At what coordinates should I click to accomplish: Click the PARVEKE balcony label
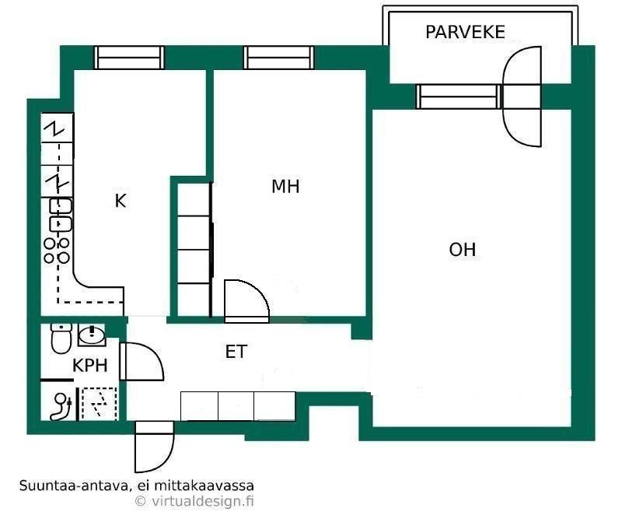pos(465,32)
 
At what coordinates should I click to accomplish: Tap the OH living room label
pos(462,250)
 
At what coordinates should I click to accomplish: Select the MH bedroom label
pos(285,187)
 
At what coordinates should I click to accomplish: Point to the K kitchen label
pos(121,201)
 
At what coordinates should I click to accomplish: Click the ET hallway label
pos(236,352)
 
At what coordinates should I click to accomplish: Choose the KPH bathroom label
pos(90,365)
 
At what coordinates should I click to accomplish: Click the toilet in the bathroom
pos(61,338)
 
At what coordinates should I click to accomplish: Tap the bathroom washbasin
pos(92,335)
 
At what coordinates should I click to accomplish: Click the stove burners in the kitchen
pos(57,251)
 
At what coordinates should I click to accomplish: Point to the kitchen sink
pos(61,215)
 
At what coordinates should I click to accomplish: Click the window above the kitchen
pos(129,58)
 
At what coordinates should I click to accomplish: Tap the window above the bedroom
pos(279,58)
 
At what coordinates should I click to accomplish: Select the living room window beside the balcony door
pos(459,96)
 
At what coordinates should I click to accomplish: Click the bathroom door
pos(142,361)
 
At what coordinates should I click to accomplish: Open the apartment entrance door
pos(154,447)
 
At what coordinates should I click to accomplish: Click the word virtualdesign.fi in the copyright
pos(202,501)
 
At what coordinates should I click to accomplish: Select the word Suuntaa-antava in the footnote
pos(74,486)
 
